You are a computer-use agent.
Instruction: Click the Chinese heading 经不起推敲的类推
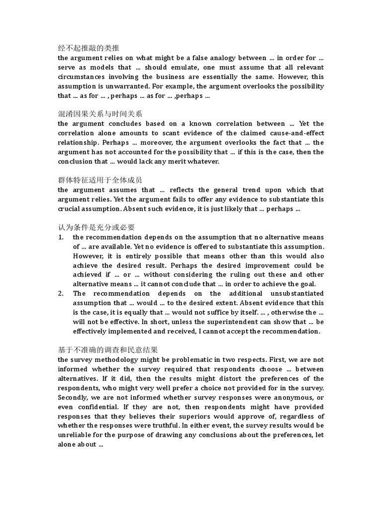(89, 48)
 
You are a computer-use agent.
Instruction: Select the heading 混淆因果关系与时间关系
(100, 114)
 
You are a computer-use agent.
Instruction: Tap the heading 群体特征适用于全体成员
(100, 180)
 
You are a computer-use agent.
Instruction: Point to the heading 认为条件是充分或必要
(96, 227)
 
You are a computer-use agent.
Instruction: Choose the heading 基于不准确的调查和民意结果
(108, 350)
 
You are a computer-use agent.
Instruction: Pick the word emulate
(206, 67)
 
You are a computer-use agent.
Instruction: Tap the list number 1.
(60, 237)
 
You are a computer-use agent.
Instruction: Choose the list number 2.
(60, 293)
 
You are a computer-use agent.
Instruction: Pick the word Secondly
(74, 397)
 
